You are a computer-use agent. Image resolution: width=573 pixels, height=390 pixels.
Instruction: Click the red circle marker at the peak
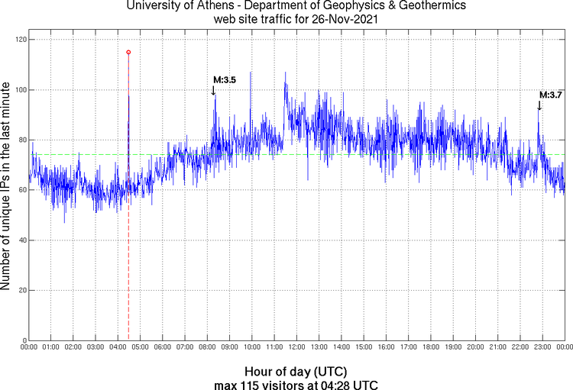pyautogui.click(x=128, y=52)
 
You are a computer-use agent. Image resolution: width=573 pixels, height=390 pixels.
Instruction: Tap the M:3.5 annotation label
pyautogui.click(x=224, y=79)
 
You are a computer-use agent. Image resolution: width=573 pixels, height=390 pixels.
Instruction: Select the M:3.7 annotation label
pyautogui.click(x=551, y=95)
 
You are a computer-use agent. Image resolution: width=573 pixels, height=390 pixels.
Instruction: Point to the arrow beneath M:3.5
pyautogui.click(x=213, y=90)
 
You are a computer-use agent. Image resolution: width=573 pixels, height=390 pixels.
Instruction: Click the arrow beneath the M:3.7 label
pyautogui.click(x=539, y=105)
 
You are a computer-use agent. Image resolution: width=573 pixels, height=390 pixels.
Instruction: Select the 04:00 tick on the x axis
pyautogui.click(x=118, y=347)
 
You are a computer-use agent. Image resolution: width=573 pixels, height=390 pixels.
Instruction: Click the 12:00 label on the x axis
pyautogui.click(x=296, y=347)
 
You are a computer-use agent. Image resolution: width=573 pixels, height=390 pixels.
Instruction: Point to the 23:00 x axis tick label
pyautogui.click(x=542, y=347)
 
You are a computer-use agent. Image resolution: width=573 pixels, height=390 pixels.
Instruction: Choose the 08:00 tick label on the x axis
pyautogui.click(x=207, y=347)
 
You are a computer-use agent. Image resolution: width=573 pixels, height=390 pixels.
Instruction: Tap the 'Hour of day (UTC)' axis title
pyautogui.click(x=296, y=370)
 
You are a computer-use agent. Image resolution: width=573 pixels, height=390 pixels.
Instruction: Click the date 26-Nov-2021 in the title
pyautogui.click(x=345, y=21)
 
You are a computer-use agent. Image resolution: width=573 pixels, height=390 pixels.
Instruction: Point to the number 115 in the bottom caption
pyautogui.click(x=256, y=383)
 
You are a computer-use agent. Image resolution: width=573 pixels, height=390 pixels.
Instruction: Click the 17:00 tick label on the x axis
pyautogui.click(x=408, y=347)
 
